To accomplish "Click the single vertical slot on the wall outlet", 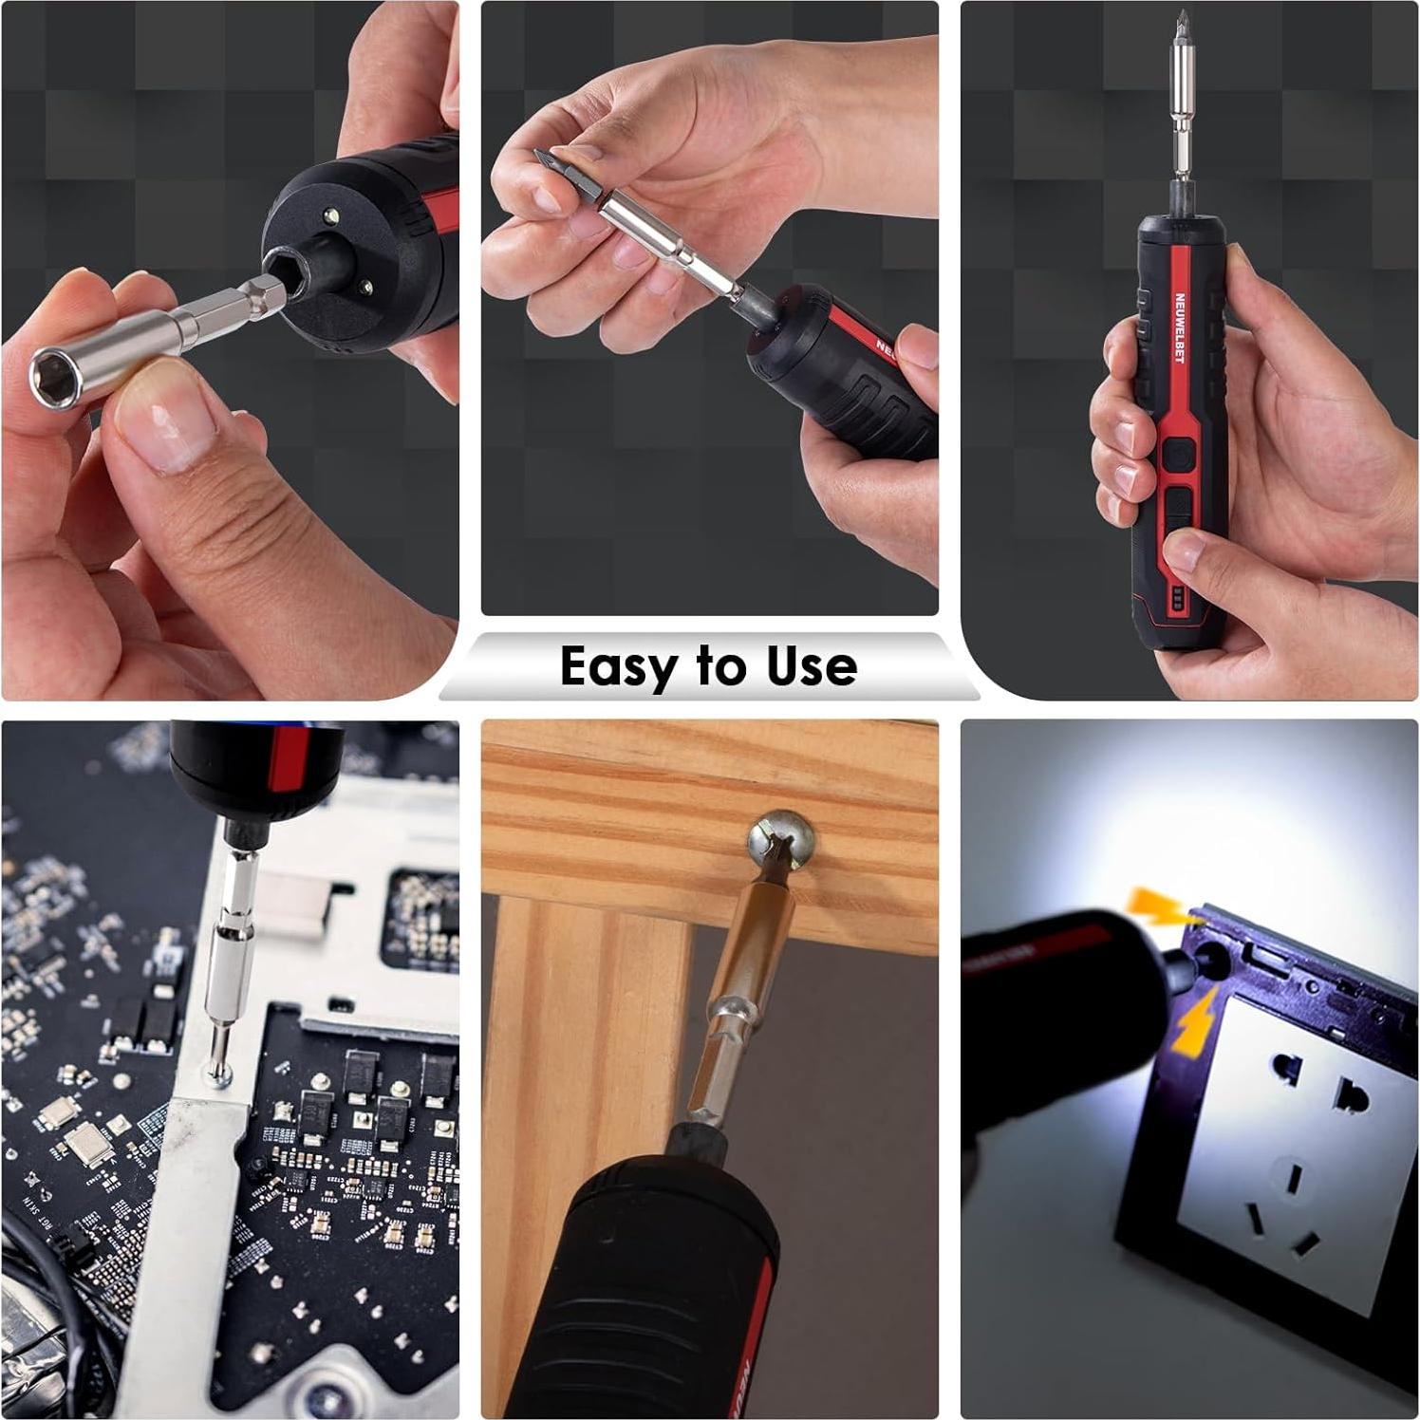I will tap(1295, 1179).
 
